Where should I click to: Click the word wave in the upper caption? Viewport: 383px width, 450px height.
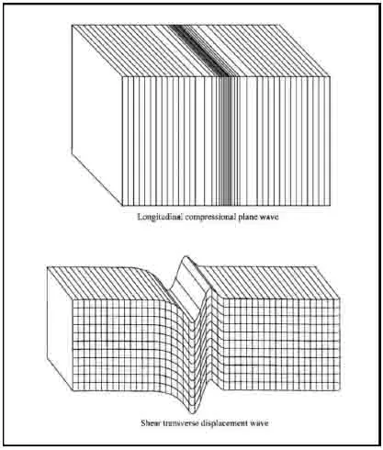(x=269, y=218)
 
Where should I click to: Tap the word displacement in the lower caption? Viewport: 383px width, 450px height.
(x=225, y=423)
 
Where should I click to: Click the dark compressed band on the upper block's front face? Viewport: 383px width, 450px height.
(x=226, y=141)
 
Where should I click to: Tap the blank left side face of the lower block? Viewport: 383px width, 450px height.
(x=60, y=329)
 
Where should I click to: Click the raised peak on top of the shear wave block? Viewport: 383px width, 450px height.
(x=185, y=258)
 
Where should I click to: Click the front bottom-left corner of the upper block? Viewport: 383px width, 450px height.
(x=122, y=206)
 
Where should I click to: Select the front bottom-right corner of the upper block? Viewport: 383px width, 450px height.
(x=330, y=206)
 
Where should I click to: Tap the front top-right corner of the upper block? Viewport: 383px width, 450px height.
(x=330, y=76)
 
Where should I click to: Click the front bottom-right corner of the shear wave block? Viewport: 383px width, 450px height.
(x=340, y=390)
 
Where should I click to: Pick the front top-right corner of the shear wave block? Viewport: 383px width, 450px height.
(x=340, y=298)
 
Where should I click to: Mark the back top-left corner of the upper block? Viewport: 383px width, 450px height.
(x=72, y=25)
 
